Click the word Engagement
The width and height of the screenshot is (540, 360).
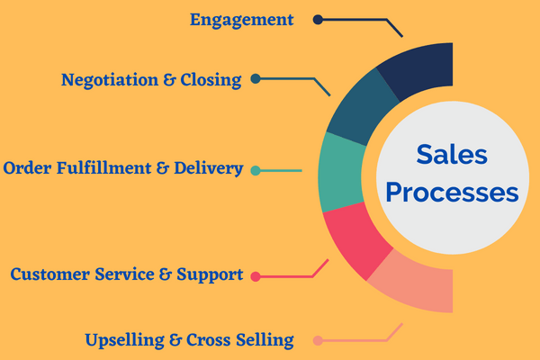click(x=241, y=19)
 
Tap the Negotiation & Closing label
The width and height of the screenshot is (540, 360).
click(x=151, y=79)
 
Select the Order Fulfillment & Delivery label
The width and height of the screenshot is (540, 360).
click(x=123, y=168)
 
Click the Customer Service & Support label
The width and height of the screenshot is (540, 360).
click(x=127, y=274)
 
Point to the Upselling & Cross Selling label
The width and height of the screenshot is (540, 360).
click(x=189, y=340)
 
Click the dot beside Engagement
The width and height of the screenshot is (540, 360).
click(x=318, y=19)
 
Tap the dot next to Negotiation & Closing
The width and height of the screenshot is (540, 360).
click(x=256, y=79)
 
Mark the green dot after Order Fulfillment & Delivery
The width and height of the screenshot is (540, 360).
click(x=256, y=169)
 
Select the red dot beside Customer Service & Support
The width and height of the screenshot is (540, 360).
click(x=256, y=275)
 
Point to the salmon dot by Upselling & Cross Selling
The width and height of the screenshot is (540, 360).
click(x=318, y=340)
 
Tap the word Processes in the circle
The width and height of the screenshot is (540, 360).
click(x=451, y=193)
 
